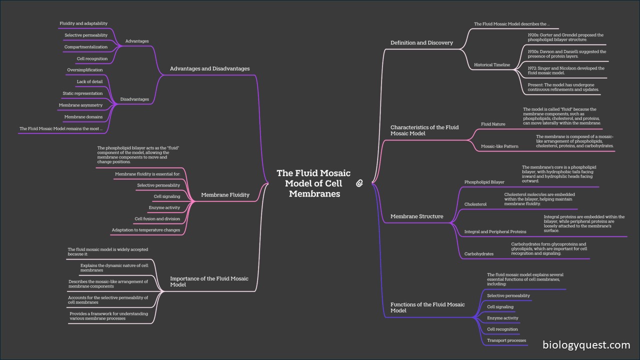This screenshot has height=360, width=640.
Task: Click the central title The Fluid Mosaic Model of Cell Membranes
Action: click(313, 183)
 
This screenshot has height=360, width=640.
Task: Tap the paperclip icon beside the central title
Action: click(359, 183)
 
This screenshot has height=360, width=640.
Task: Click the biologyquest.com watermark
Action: click(586, 345)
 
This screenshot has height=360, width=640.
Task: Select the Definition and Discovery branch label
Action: click(421, 43)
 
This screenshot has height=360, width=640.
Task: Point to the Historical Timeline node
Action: click(492, 65)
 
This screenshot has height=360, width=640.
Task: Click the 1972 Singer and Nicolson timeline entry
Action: click(566, 71)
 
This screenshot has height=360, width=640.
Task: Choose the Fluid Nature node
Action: click(493, 124)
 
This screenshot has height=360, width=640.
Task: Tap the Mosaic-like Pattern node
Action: click(499, 146)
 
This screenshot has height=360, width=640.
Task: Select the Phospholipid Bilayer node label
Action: click(484, 182)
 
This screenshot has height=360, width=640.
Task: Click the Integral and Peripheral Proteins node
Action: click(495, 232)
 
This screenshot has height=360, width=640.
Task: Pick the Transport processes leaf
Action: click(506, 340)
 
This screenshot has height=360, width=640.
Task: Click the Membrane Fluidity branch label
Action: click(225, 195)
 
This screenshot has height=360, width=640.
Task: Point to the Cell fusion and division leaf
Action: click(157, 219)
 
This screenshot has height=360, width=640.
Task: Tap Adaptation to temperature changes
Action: click(145, 230)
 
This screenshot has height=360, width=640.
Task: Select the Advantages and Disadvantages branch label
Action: click(209, 68)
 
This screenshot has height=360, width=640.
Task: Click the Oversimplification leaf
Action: click(84, 70)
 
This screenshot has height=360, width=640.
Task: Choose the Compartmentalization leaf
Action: click(85, 47)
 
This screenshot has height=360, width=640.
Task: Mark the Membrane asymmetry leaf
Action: click(80, 105)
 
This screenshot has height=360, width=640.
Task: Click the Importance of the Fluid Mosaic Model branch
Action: click(209, 281)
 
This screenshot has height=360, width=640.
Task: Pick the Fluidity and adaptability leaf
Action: click(83, 23)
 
